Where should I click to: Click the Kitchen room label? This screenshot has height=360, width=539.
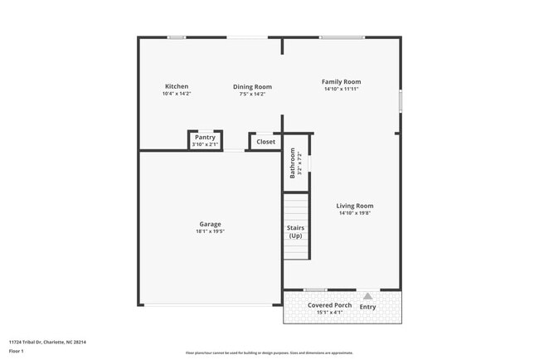coord(177,86)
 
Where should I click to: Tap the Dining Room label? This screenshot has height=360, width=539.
coord(252,86)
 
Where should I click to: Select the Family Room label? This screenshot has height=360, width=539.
coord(342,81)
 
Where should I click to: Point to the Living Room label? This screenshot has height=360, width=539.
coord(355,206)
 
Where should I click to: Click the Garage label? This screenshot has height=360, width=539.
coord(210,224)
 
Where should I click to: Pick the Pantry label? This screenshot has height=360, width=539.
coord(205,138)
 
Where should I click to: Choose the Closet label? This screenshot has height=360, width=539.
coord(265,142)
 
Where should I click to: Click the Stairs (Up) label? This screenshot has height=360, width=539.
coord(295,231)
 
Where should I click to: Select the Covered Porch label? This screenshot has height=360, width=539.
coord(330,305)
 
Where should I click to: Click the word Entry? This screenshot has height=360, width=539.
coord(367,307)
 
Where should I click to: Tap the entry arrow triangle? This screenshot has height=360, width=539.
coord(367,295)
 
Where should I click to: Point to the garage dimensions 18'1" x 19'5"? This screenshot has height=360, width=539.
coord(211,231)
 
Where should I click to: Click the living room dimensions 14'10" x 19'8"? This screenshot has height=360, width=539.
coord(355,213)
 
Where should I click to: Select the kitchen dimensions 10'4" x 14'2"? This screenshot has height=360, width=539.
coord(177,94)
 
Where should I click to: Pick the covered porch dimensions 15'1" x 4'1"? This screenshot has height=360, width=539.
coord(325,313)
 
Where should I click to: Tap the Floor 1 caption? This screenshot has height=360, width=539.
coord(17,351)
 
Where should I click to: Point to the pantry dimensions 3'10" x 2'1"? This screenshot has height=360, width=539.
coord(205,145)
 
